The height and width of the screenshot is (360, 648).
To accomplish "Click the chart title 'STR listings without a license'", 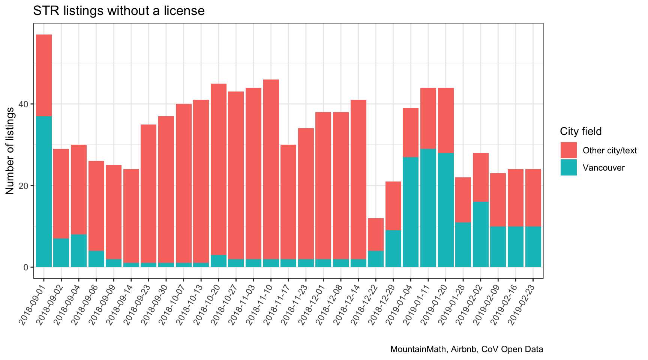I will click(118, 10).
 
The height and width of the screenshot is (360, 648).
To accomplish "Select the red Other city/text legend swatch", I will click(568, 150).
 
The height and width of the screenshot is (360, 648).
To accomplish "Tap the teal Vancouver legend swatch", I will click(568, 168).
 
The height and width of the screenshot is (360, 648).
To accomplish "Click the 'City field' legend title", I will click(580, 132).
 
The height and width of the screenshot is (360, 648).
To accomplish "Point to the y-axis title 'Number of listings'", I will click(10, 151).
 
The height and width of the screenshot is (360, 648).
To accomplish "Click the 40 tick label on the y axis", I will click(26, 104).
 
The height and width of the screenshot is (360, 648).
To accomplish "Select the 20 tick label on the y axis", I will click(26, 186).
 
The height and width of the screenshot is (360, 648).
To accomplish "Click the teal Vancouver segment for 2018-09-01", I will click(44, 191).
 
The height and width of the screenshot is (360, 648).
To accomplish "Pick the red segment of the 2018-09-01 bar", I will click(44, 75).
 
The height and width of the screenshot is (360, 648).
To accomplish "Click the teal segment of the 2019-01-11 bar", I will click(428, 208).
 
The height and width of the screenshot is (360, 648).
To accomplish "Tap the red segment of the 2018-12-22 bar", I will click(376, 234).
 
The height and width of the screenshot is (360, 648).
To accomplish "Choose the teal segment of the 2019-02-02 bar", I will click(480, 234).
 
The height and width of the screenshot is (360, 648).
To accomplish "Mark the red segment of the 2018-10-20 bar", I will click(218, 169).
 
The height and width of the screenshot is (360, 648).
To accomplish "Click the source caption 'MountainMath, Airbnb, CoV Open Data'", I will click(466, 349).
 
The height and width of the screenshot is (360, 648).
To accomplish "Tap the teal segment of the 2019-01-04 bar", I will click(411, 212).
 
